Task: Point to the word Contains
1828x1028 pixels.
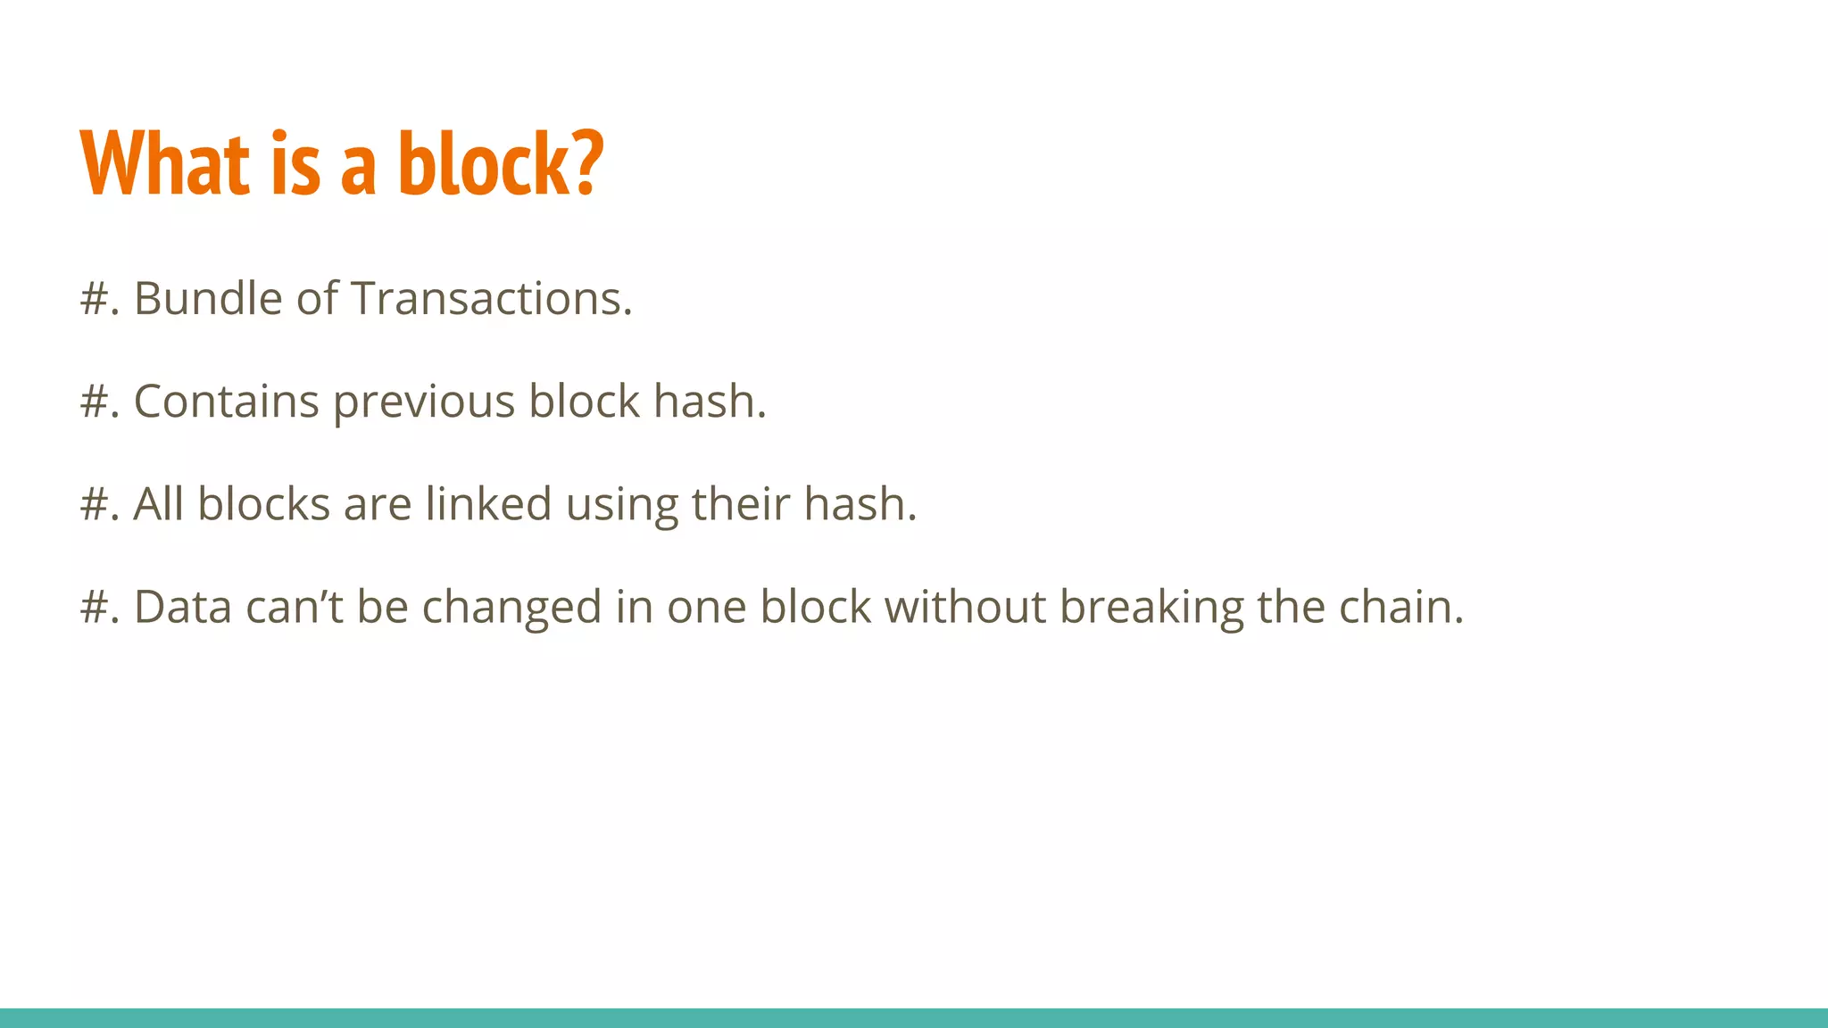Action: pyautogui.click(x=226, y=402)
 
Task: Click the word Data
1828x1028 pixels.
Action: pyautogui.click(x=183, y=607)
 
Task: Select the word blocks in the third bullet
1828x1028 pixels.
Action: pyautogui.click(x=264, y=504)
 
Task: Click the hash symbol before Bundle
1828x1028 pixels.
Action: pyautogui.click(x=94, y=298)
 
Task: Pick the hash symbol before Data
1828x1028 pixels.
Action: pyautogui.click(x=94, y=607)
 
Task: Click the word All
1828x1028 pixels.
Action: pyautogui.click(x=159, y=504)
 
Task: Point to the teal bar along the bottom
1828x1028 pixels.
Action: pyautogui.click(x=914, y=1017)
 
